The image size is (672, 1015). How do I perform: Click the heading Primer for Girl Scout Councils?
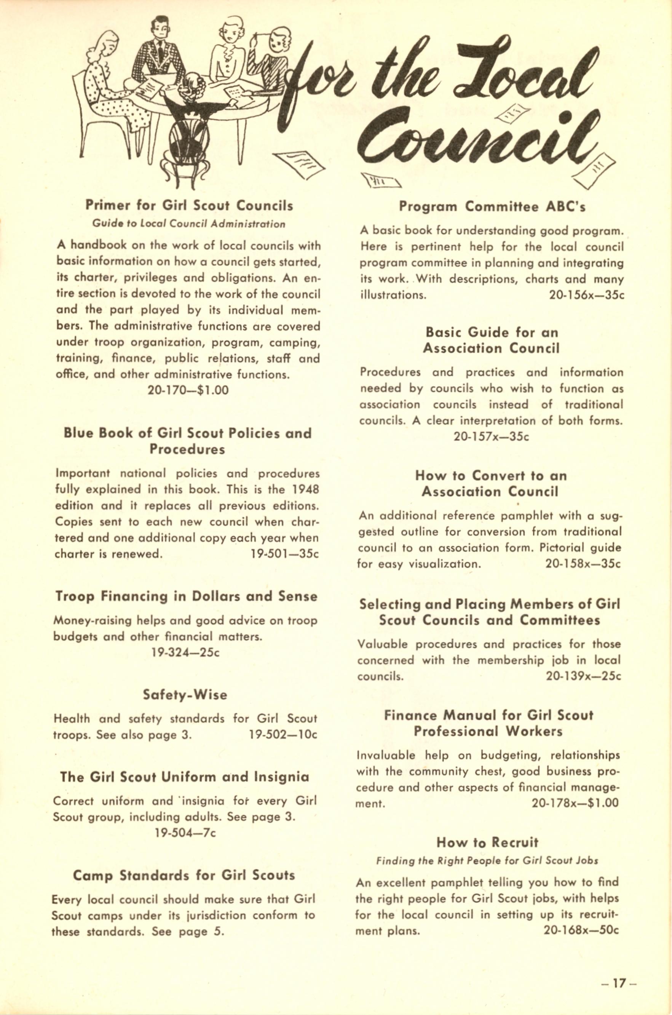click(189, 205)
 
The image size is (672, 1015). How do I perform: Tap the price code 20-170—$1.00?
click(188, 390)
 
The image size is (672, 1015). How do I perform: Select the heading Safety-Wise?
click(185, 695)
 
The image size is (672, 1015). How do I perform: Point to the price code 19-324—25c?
click(185, 653)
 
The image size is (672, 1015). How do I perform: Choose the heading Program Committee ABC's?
click(492, 207)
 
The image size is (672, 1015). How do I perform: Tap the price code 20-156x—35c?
click(586, 295)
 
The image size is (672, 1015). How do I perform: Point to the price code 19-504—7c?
click(185, 833)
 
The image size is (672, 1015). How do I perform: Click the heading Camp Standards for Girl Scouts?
click(184, 875)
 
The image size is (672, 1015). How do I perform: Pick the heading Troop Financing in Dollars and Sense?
click(186, 596)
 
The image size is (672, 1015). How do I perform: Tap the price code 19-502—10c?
click(283, 735)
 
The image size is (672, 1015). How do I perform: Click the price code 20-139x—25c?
click(583, 676)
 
